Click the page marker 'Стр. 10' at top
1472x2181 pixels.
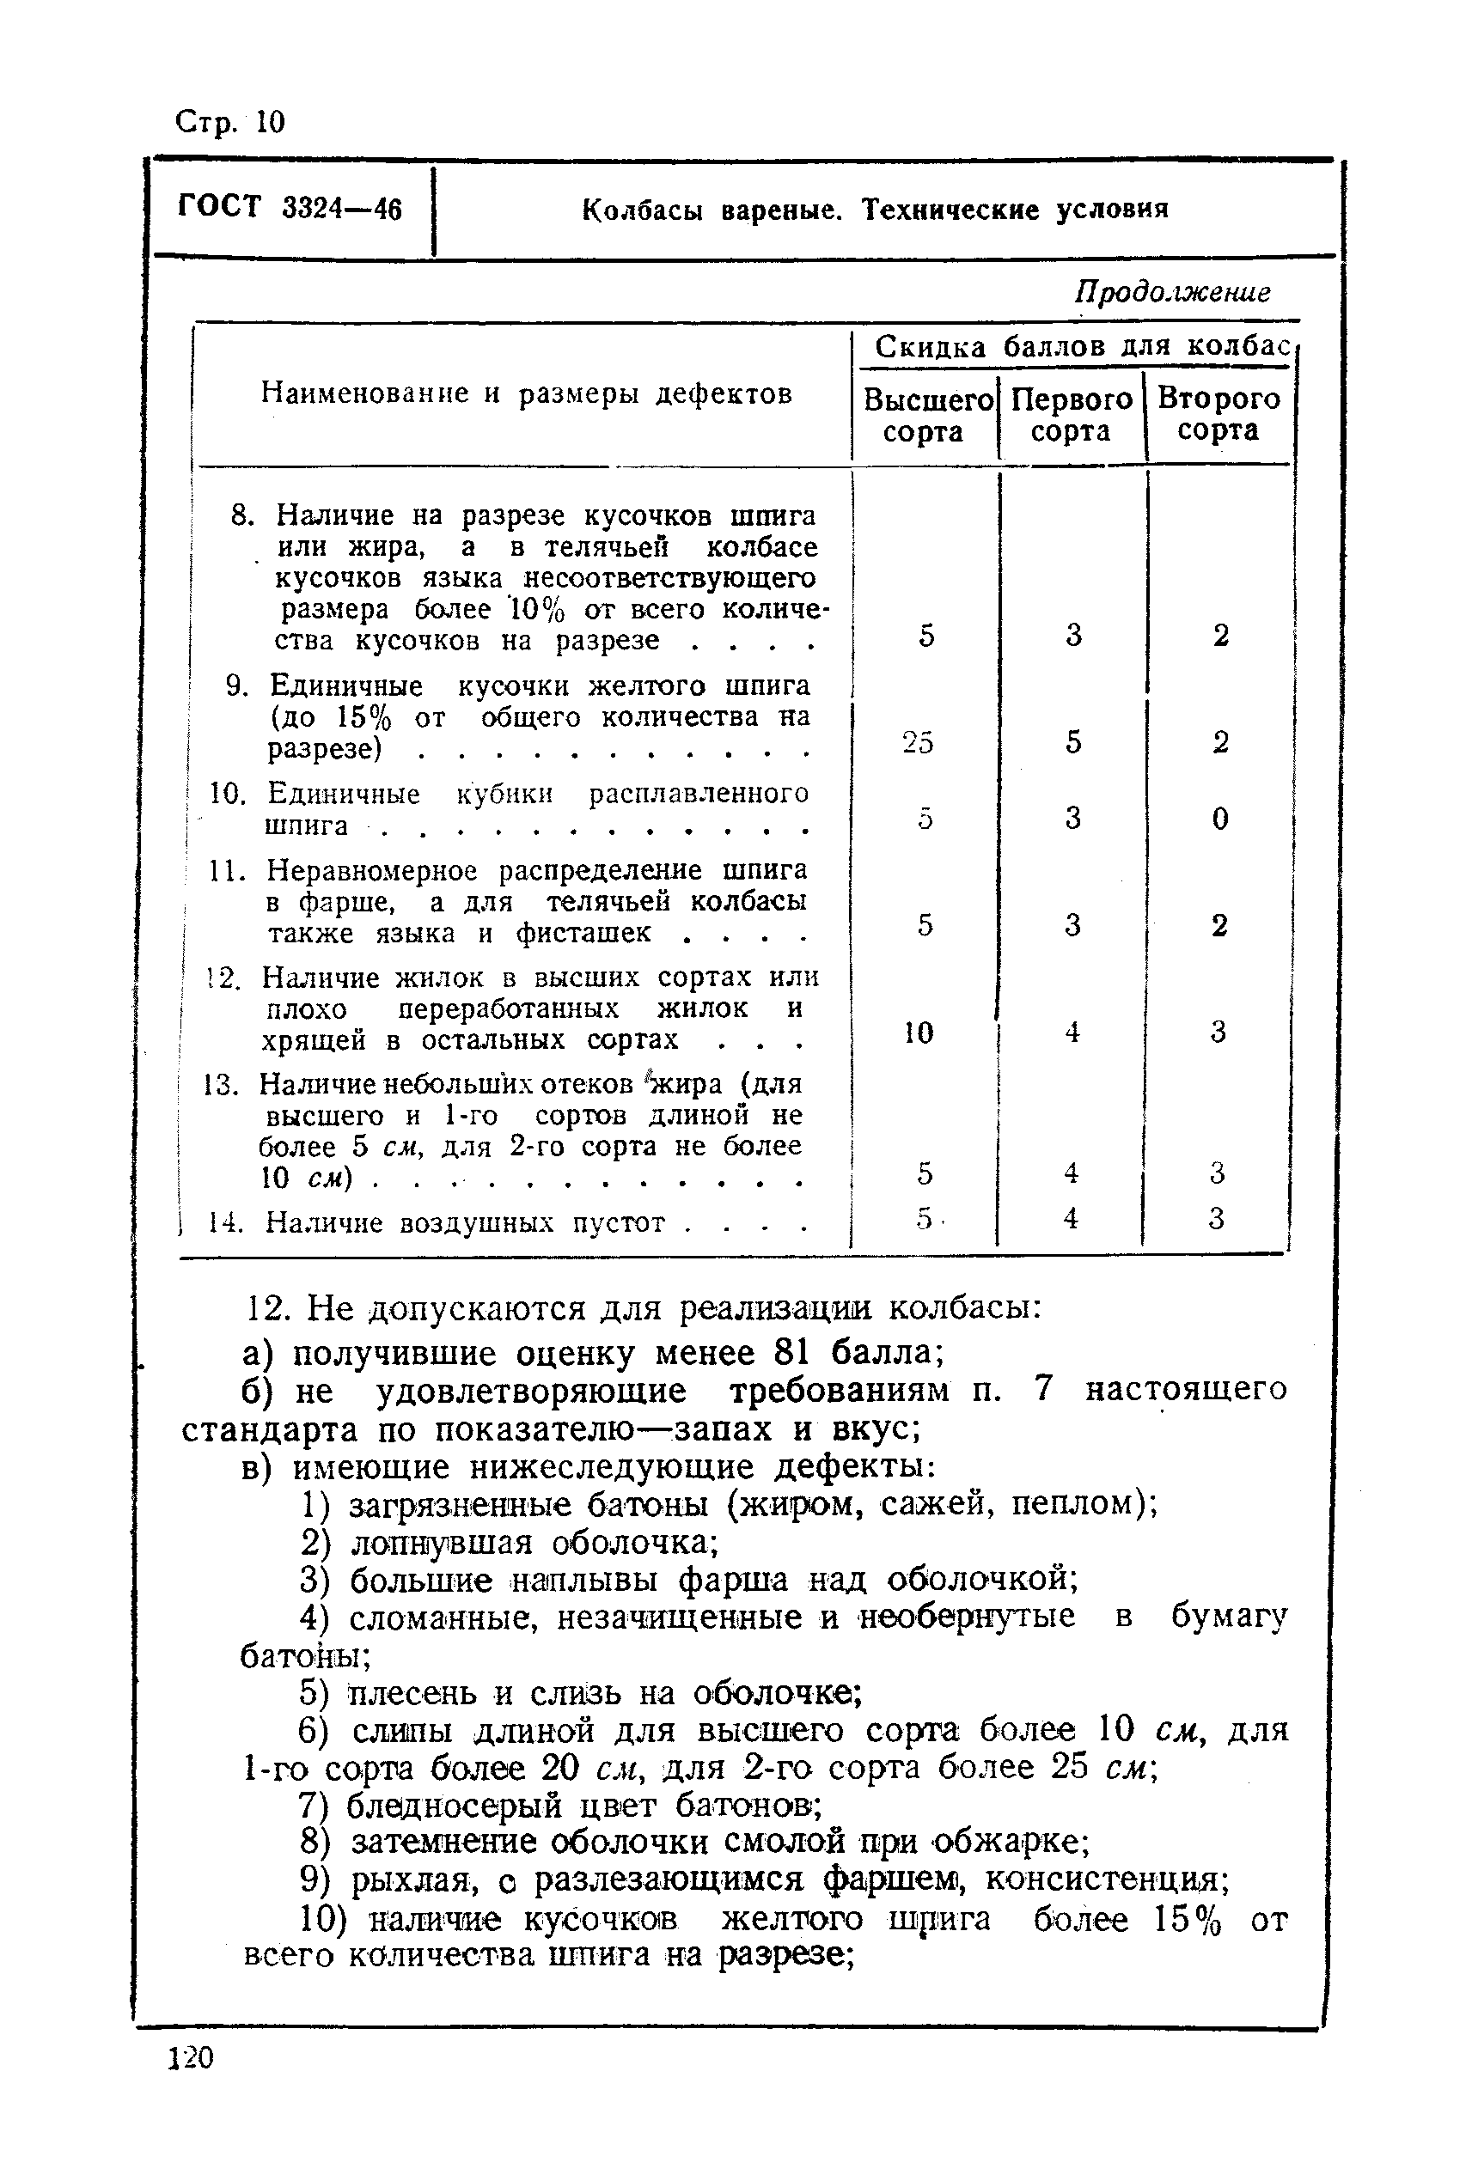[230, 122]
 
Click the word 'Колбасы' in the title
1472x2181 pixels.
[641, 210]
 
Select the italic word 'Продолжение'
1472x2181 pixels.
[1171, 292]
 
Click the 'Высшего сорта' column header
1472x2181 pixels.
[925, 416]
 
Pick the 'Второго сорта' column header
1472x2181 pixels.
[1218, 414]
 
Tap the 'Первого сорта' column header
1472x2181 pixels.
[1072, 415]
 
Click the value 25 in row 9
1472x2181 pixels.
[917, 743]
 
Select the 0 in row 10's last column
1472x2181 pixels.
[1219, 819]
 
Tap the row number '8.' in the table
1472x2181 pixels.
[243, 515]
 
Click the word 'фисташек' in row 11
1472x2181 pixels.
[582, 934]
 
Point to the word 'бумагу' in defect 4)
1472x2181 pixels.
[1229, 1616]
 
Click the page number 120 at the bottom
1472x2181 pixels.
[192, 2058]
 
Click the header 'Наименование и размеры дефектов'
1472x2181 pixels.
[526, 393]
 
